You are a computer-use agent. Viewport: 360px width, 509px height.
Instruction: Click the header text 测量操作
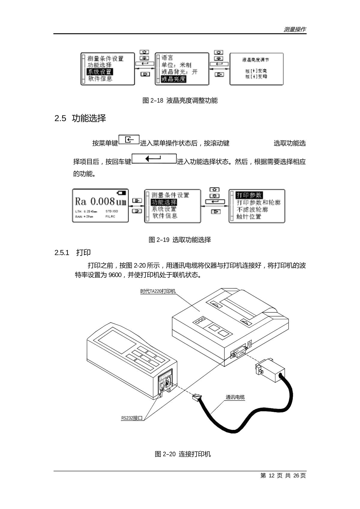295,29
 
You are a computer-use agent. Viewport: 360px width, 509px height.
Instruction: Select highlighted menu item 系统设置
100,72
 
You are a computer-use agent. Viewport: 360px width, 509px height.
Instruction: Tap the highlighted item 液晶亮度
174,79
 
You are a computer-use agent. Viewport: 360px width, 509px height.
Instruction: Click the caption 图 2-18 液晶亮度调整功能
180,100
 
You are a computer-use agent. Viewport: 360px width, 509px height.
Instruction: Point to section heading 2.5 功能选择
80,118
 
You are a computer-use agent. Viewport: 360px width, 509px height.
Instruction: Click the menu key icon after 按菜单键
129,140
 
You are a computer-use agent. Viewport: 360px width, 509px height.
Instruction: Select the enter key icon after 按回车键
154,159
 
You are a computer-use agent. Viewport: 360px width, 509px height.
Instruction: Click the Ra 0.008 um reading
100,201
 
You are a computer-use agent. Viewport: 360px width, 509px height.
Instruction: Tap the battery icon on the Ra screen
122,192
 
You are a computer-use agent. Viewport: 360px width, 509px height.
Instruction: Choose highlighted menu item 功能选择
164,202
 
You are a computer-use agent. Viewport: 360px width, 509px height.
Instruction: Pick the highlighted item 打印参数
249,195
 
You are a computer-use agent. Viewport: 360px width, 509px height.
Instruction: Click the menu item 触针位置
249,216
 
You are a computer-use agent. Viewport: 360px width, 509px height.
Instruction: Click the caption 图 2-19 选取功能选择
180,240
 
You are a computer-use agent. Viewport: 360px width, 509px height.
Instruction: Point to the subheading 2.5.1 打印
73,252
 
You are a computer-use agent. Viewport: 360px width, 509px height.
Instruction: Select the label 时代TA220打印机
158,291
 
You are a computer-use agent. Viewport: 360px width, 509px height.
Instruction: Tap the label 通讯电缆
235,397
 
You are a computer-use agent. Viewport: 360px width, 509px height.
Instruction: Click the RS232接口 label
132,418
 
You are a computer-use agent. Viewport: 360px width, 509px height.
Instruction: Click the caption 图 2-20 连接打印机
183,454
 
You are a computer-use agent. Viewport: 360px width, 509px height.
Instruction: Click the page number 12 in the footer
271,475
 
